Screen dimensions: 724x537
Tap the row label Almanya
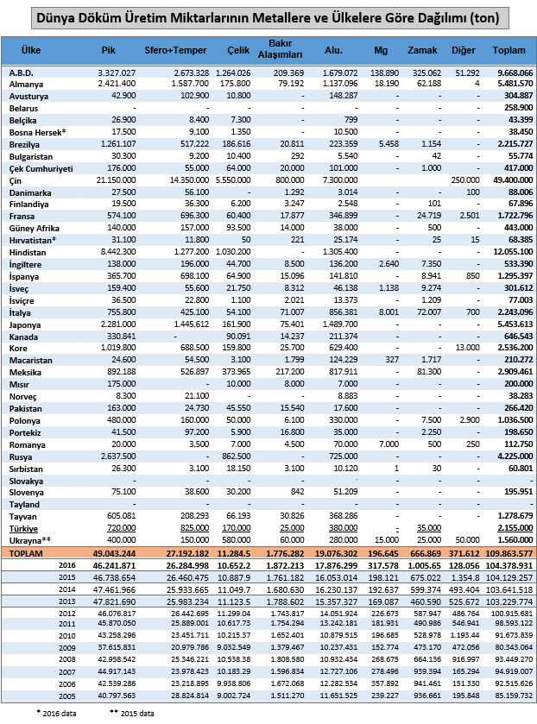tap(28, 83)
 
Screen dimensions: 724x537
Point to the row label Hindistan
tap(28, 249)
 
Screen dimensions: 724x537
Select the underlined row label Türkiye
tap(24, 526)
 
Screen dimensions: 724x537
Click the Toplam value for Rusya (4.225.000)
tap(511, 454)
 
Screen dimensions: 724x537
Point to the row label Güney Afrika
tap(35, 226)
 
